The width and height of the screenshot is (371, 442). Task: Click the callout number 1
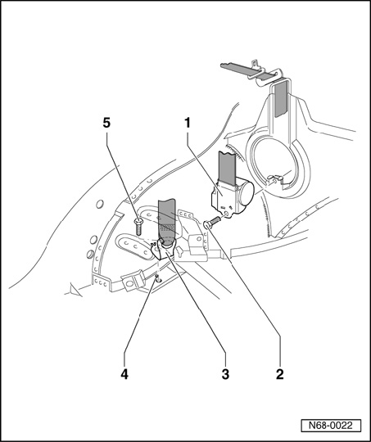pyautogui.click(x=188, y=123)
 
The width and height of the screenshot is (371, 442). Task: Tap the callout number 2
pyautogui.click(x=279, y=374)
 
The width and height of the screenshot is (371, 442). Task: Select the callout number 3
pyautogui.click(x=225, y=374)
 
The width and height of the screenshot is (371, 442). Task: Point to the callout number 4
pyautogui.click(x=124, y=374)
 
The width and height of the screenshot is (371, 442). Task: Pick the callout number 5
pyautogui.click(x=106, y=123)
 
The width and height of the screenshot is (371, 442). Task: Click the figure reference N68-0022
pyautogui.click(x=331, y=425)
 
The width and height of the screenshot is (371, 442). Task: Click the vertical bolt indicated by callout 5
pyautogui.click(x=138, y=227)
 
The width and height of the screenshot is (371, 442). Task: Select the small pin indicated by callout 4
pyautogui.click(x=158, y=278)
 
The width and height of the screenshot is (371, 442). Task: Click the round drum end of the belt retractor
pyautogui.click(x=247, y=194)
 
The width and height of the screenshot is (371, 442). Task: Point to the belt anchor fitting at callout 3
pyautogui.click(x=164, y=249)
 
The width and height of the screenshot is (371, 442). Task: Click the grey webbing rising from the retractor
pyautogui.click(x=228, y=169)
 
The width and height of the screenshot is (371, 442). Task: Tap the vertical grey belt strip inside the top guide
pyautogui.click(x=281, y=99)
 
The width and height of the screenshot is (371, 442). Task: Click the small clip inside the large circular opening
pyautogui.click(x=274, y=178)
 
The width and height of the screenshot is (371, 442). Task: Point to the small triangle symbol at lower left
pyautogui.click(x=75, y=291)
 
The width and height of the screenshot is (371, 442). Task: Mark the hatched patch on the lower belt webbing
pyautogui.click(x=167, y=228)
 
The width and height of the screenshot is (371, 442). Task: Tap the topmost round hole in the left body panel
pyautogui.click(x=100, y=204)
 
